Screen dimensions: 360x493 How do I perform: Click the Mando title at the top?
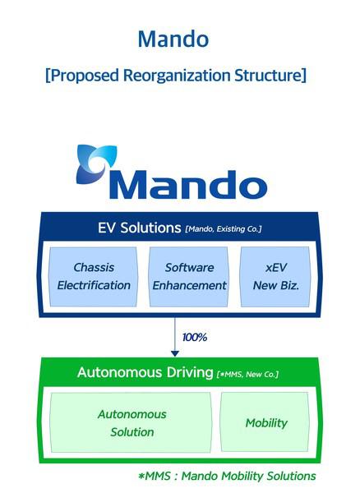pos(173,39)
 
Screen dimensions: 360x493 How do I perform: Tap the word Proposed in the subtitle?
pos(84,76)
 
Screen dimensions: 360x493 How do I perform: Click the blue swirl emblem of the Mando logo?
pos(96,164)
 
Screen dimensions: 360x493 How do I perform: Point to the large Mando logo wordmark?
pos(188,185)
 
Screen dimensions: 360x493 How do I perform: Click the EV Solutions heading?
pos(139,228)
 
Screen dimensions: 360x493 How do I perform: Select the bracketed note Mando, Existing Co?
pos(224,229)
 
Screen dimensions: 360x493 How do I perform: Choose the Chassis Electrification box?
pos(94,277)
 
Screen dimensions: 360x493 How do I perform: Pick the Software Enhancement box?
pos(189,277)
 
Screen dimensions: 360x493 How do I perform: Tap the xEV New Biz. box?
pos(275,277)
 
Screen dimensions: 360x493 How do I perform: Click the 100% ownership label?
pos(195,338)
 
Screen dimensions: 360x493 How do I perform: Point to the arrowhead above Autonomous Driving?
pos(175,353)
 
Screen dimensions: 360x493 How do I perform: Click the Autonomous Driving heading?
pos(145,372)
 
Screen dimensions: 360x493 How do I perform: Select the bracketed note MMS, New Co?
pos(247,374)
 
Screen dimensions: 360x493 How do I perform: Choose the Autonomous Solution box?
pos(132,422)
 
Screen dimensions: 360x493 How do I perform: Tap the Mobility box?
pos(265,422)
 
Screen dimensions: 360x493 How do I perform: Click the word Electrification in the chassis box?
pos(94,285)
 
